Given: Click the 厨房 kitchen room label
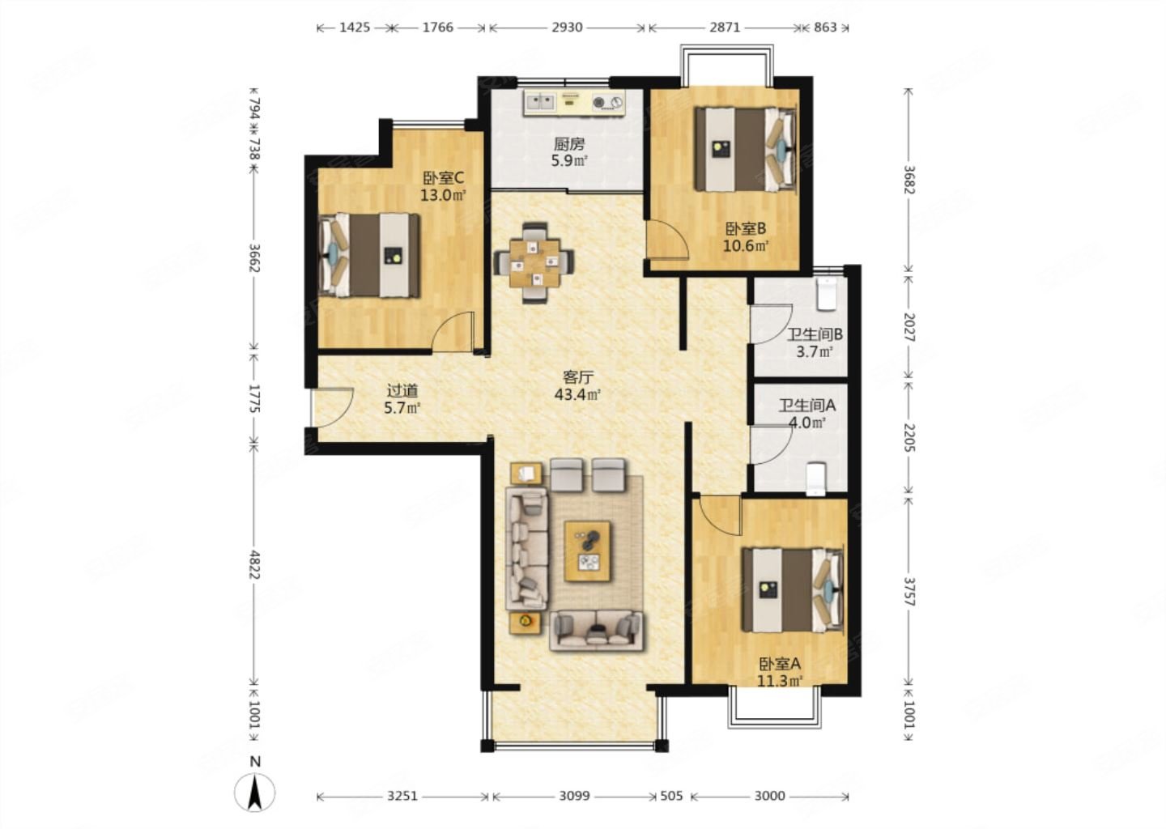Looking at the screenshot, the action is click(569, 143).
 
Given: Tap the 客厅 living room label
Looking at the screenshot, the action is click(578, 376).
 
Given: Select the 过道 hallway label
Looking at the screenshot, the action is click(402, 390).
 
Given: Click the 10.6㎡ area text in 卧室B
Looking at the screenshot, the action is click(746, 245).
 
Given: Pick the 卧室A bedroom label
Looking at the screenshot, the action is click(779, 664).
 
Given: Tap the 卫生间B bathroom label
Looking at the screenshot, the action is click(814, 334).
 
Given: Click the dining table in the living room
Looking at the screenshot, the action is click(534, 263).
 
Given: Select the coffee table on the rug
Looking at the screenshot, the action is click(588, 551).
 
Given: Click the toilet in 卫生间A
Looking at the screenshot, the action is click(815, 478).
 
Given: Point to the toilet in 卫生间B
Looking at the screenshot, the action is click(826, 294).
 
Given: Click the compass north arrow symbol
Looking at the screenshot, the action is click(254, 793).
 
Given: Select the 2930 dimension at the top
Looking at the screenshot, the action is click(567, 27).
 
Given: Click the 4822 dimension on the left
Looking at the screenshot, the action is click(254, 564).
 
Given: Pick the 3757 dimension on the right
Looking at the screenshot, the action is click(909, 591).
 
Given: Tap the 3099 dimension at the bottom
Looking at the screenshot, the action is click(574, 796).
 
